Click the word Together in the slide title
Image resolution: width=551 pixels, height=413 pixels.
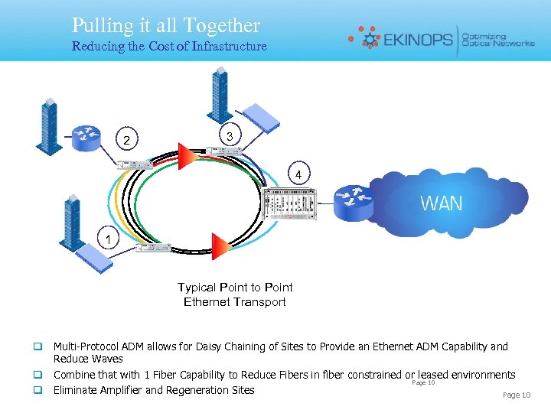point(222,26)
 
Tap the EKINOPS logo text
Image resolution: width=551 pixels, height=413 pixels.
point(417,38)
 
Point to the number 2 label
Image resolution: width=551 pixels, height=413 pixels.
point(127,140)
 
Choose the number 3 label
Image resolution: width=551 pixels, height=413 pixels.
point(230,135)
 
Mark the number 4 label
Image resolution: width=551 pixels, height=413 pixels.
point(302,176)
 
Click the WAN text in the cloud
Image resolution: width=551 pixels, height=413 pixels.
point(442,203)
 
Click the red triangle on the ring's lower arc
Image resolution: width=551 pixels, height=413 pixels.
point(220,246)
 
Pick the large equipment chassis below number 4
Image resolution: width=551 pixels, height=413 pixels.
point(288,204)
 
